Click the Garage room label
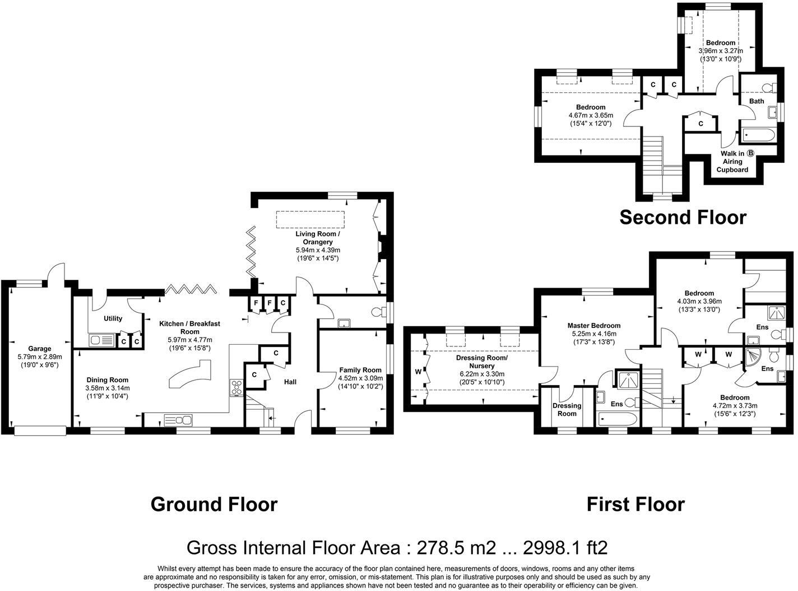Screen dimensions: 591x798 point(40,349)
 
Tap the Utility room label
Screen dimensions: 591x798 point(113,318)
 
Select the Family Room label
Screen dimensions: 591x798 point(360,369)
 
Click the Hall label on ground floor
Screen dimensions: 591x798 point(290,382)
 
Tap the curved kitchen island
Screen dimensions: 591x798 point(191,374)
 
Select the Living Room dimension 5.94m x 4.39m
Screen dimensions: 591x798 point(318,250)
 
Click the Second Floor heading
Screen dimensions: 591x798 point(683,217)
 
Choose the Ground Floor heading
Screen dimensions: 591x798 point(214,504)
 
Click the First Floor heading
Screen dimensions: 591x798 point(635,504)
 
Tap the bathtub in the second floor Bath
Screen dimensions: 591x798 point(758,135)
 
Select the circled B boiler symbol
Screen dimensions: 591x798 point(750,153)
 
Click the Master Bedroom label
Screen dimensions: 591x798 point(593,325)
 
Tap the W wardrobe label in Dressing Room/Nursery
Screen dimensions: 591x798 point(417,371)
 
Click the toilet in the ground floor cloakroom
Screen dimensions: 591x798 point(383,311)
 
